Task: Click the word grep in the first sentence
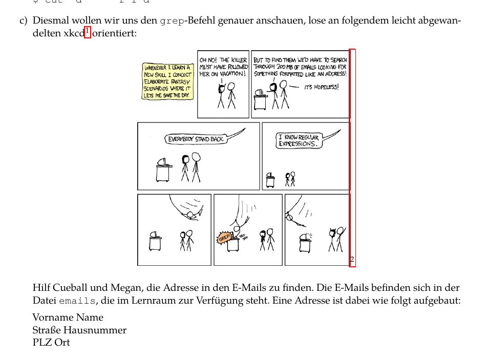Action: click(x=172, y=22)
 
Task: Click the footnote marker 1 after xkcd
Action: click(x=88, y=32)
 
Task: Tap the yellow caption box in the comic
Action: click(x=167, y=81)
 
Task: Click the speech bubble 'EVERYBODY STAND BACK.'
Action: click(x=196, y=139)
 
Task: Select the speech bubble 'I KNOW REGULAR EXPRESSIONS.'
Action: click(x=299, y=141)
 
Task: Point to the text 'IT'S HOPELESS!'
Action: click(x=321, y=87)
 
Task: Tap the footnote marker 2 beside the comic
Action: click(x=352, y=260)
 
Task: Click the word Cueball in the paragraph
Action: click(x=68, y=288)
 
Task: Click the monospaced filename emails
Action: click(x=77, y=301)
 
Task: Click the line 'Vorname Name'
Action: click(x=68, y=317)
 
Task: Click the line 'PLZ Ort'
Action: click(x=51, y=343)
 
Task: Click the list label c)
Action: click(x=23, y=22)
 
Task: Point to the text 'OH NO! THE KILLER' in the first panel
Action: click(x=223, y=60)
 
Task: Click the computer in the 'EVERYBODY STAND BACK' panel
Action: click(x=164, y=169)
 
